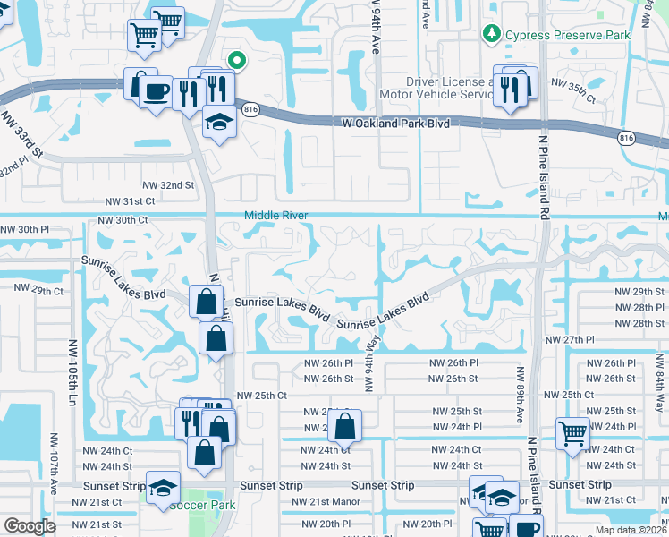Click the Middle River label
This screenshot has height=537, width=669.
277,216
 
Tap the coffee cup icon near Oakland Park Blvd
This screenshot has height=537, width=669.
157,90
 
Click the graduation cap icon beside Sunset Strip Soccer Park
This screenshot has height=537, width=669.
162,488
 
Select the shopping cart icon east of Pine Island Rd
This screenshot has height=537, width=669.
572,434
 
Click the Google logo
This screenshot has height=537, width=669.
30,526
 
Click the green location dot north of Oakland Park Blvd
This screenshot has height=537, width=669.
237,61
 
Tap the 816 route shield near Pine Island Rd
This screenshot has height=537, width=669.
626,138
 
